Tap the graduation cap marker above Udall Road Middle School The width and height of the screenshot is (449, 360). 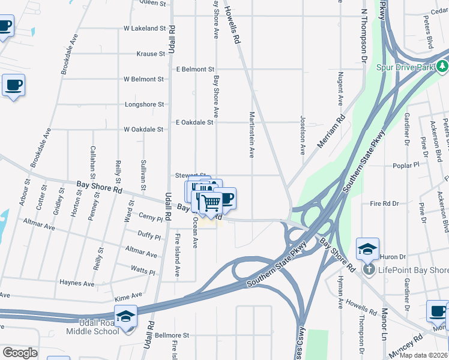click(126, 316)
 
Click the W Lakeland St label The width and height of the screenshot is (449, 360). click(144, 28)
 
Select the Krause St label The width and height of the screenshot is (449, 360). click(151, 54)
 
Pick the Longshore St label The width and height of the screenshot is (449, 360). click(144, 104)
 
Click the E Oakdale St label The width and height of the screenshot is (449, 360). click(194, 122)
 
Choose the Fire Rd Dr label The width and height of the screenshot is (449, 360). click(384, 204)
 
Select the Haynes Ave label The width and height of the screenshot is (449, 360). click(76, 283)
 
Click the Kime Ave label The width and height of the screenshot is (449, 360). click(128, 295)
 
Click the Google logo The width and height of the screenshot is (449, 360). click(20, 353)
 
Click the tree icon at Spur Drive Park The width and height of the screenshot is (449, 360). click(442, 65)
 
